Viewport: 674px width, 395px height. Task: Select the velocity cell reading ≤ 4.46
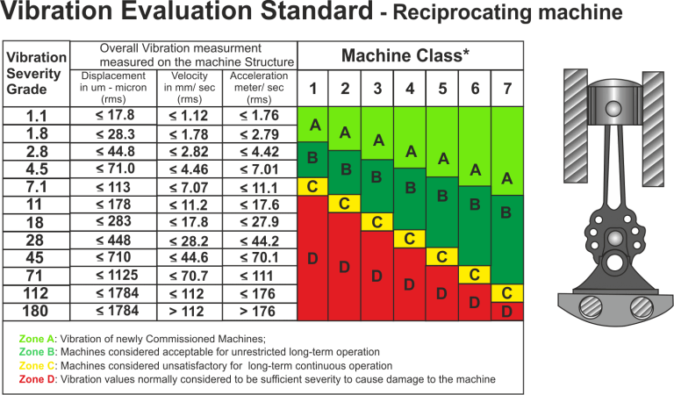[190, 169]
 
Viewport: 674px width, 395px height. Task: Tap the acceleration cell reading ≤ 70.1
[260, 257]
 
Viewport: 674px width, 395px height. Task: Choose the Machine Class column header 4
[410, 89]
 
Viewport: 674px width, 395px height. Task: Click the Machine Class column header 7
[507, 89]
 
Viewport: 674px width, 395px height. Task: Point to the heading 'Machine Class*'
[410, 56]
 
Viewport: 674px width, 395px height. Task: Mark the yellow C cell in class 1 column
[312, 186]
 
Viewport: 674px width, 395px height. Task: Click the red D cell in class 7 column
[507, 311]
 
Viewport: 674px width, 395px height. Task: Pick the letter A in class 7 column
[507, 178]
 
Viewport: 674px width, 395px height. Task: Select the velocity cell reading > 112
[190, 310]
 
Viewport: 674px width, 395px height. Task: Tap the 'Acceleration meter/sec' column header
[260, 88]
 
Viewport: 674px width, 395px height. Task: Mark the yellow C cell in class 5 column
[442, 256]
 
